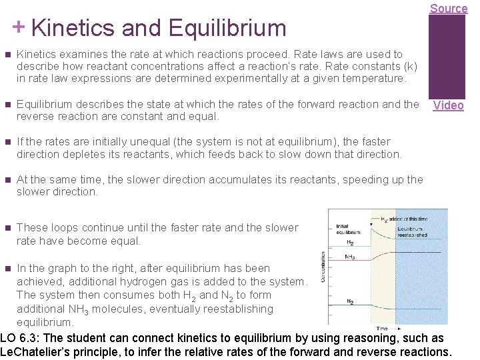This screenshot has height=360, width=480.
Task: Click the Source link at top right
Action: pos(448,9)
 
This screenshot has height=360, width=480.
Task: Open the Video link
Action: pos(448,105)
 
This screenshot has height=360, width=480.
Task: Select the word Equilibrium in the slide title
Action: pos(227,28)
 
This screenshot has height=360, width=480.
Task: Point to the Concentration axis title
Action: pos(324,276)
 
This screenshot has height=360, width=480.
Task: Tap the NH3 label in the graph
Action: pos(349,257)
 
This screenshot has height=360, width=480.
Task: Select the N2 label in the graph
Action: pos(350,301)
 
